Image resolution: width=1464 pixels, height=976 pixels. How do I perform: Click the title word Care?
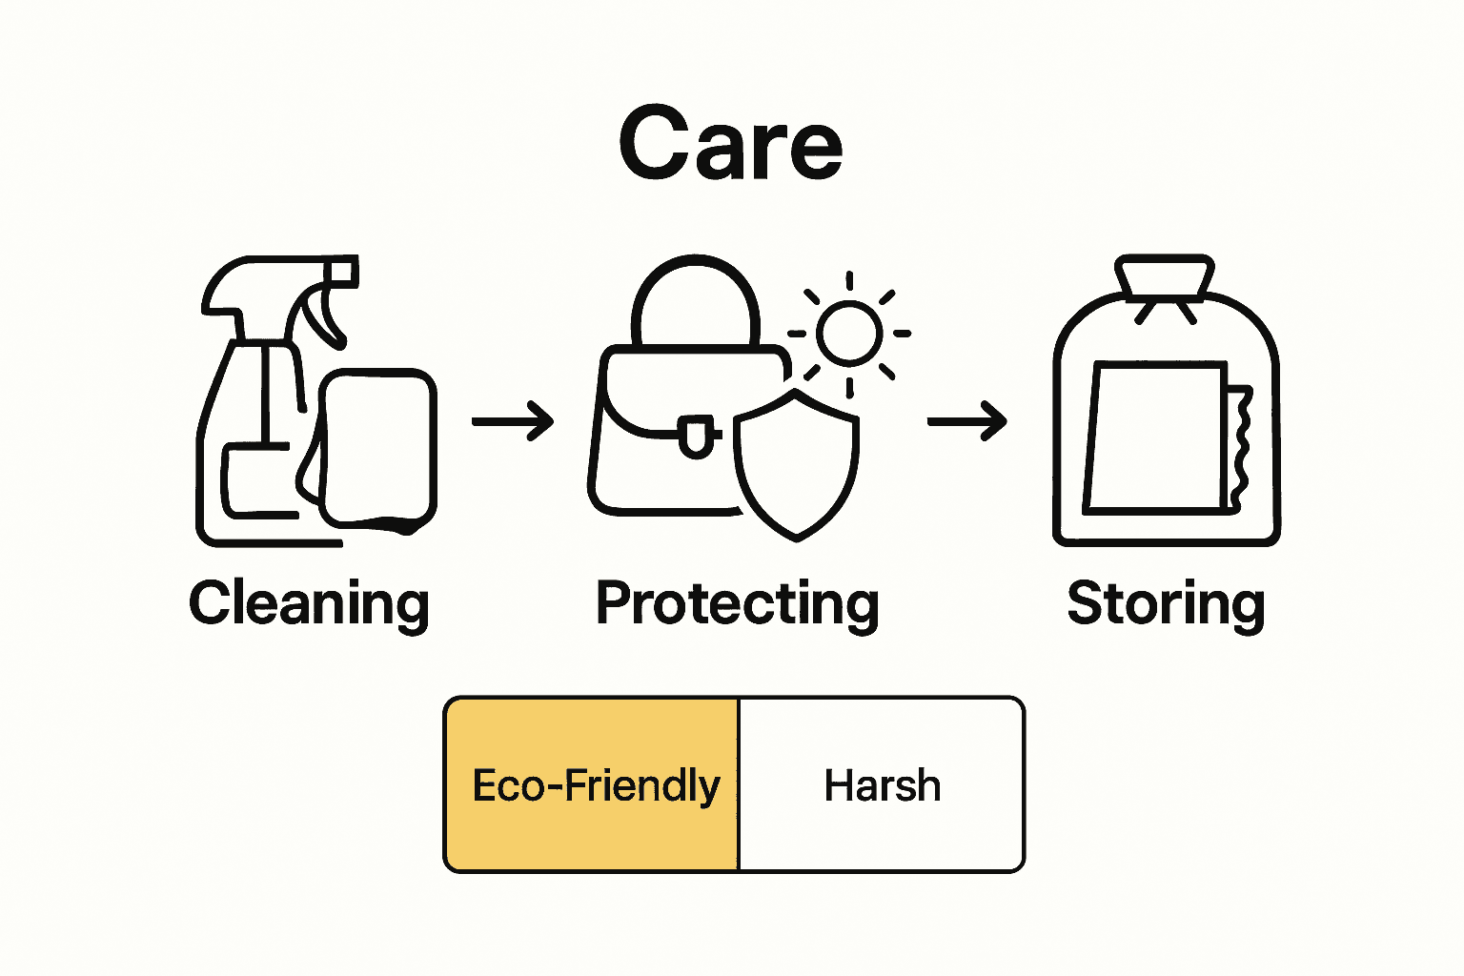pyautogui.click(x=731, y=144)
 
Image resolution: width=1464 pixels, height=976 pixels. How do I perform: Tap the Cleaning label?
pyautogui.click(x=309, y=603)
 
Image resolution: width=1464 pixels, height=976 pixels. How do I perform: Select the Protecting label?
pyautogui.click(x=737, y=603)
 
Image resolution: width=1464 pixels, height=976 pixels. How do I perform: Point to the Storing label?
pyautogui.click(x=1166, y=603)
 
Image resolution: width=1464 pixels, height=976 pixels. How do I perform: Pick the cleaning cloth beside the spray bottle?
pyautogui.click(x=379, y=448)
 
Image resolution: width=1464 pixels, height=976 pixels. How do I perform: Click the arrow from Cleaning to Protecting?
pyautogui.click(x=513, y=420)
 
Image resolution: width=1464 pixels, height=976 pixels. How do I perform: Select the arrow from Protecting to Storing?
pyautogui.click(x=966, y=420)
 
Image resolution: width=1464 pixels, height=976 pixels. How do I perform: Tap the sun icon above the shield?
pyautogui.click(x=848, y=333)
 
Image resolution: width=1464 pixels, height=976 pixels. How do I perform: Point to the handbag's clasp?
pyautogui.click(x=695, y=434)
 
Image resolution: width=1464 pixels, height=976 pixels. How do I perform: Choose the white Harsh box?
pyautogui.click(x=881, y=784)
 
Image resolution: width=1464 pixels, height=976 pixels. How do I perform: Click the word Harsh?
pyautogui.click(x=883, y=786)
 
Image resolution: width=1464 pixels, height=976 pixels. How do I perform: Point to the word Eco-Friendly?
pyautogui.click(x=596, y=786)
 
